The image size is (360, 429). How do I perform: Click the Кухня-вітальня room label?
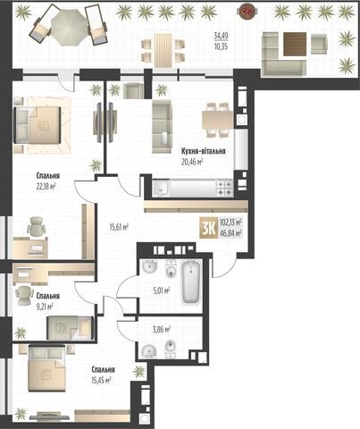(x=204, y=151)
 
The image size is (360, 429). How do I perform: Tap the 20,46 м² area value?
(x=192, y=162)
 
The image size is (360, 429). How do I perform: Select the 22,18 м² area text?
(x=46, y=187)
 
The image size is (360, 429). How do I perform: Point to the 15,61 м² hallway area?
(x=119, y=228)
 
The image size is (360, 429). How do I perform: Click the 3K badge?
(x=209, y=229)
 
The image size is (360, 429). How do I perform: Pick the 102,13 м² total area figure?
(x=230, y=223)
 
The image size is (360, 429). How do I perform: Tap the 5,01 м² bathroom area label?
(x=162, y=290)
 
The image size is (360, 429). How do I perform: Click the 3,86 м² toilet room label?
(x=162, y=329)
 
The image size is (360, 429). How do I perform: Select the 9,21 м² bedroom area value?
(x=45, y=307)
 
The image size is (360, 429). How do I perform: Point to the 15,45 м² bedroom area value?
(x=102, y=381)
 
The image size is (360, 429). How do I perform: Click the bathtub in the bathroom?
(x=190, y=282)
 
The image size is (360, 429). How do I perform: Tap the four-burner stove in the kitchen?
(x=224, y=188)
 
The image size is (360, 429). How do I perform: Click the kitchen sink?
(x=161, y=189)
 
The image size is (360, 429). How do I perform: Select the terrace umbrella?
(x=69, y=27)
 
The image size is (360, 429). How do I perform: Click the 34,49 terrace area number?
(x=221, y=36)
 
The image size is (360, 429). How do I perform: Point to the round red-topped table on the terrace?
(x=247, y=12)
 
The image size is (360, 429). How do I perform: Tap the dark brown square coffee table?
(x=295, y=44)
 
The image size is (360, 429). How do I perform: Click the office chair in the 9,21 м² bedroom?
(x=24, y=296)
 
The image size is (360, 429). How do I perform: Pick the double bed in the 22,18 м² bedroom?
(x=38, y=125)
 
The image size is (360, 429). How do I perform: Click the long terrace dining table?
(x=163, y=51)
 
